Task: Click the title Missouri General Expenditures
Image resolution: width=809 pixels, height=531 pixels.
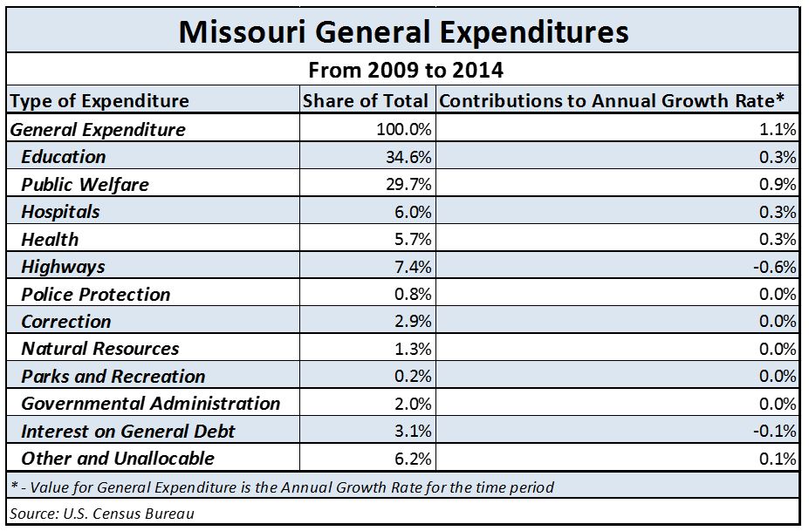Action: (x=403, y=31)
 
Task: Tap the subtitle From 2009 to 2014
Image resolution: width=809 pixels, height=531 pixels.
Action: (x=403, y=70)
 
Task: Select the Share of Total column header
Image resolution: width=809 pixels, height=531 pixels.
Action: (x=366, y=101)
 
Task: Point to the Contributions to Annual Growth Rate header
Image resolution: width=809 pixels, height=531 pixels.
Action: (x=618, y=101)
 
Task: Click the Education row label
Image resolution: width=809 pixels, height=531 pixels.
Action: (x=64, y=157)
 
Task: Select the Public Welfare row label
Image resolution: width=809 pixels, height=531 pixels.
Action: (x=85, y=184)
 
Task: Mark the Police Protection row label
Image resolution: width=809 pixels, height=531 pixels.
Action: (x=96, y=294)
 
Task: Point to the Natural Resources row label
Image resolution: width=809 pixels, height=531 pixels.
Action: (x=100, y=349)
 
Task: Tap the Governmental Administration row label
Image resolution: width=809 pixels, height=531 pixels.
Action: (x=151, y=404)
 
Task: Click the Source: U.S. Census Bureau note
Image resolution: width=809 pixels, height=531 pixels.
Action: (x=103, y=513)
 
